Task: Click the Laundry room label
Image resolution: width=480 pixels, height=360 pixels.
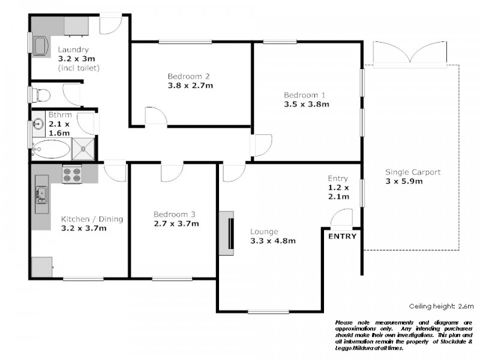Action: point(73,50)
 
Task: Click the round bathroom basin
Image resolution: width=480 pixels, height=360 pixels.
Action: point(38,124)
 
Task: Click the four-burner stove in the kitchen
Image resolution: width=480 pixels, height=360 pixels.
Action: point(72,175)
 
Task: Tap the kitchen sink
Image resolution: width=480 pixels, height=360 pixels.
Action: point(41,194)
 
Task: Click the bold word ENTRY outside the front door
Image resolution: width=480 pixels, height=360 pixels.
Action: point(342,236)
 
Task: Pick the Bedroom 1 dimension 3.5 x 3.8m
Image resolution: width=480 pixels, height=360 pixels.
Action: point(307,104)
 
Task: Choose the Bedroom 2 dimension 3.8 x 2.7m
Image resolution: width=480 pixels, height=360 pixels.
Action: point(190,86)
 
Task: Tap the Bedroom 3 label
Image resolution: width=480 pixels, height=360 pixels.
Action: point(174,214)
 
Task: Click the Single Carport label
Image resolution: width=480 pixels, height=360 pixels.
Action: point(412,172)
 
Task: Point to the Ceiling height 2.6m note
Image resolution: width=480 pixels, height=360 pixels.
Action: point(441,305)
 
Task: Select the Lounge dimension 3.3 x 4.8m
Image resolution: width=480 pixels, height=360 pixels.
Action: point(273,241)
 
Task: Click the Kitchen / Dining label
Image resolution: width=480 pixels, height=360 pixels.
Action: point(92,219)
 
